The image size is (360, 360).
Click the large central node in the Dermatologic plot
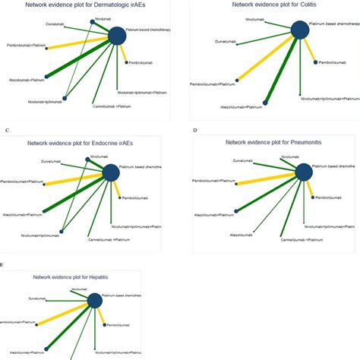(x=118, y=36)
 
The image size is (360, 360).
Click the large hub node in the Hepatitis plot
(x=95, y=302)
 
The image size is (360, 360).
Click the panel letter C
(x=6, y=131)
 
